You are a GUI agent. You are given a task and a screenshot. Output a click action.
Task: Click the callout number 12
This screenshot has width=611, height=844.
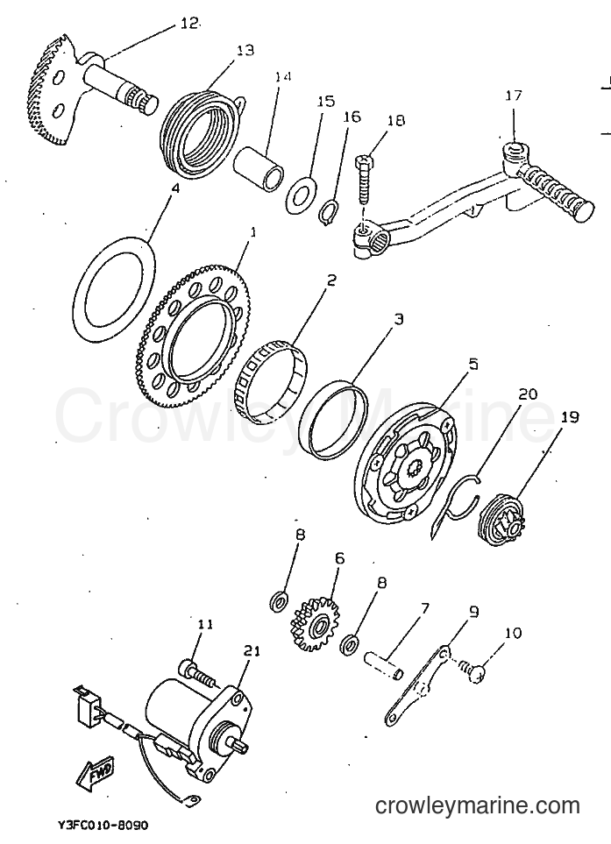pyautogui.click(x=188, y=23)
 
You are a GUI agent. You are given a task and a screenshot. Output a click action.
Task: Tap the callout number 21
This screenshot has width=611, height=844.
pyautogui.click(x=252, y=651)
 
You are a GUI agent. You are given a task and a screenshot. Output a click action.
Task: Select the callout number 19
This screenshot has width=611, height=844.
pyautogui.click(x=570, y=416)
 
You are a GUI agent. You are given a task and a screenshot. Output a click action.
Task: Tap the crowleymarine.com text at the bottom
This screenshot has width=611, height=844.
pyautogui.click(x=477, y=805)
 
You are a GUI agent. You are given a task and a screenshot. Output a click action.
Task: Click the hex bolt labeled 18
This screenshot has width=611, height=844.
pyautogui.click(x=365, y=180)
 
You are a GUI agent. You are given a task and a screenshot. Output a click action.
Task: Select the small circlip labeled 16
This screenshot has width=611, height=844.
pyautogui.click(x=330, y=213)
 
